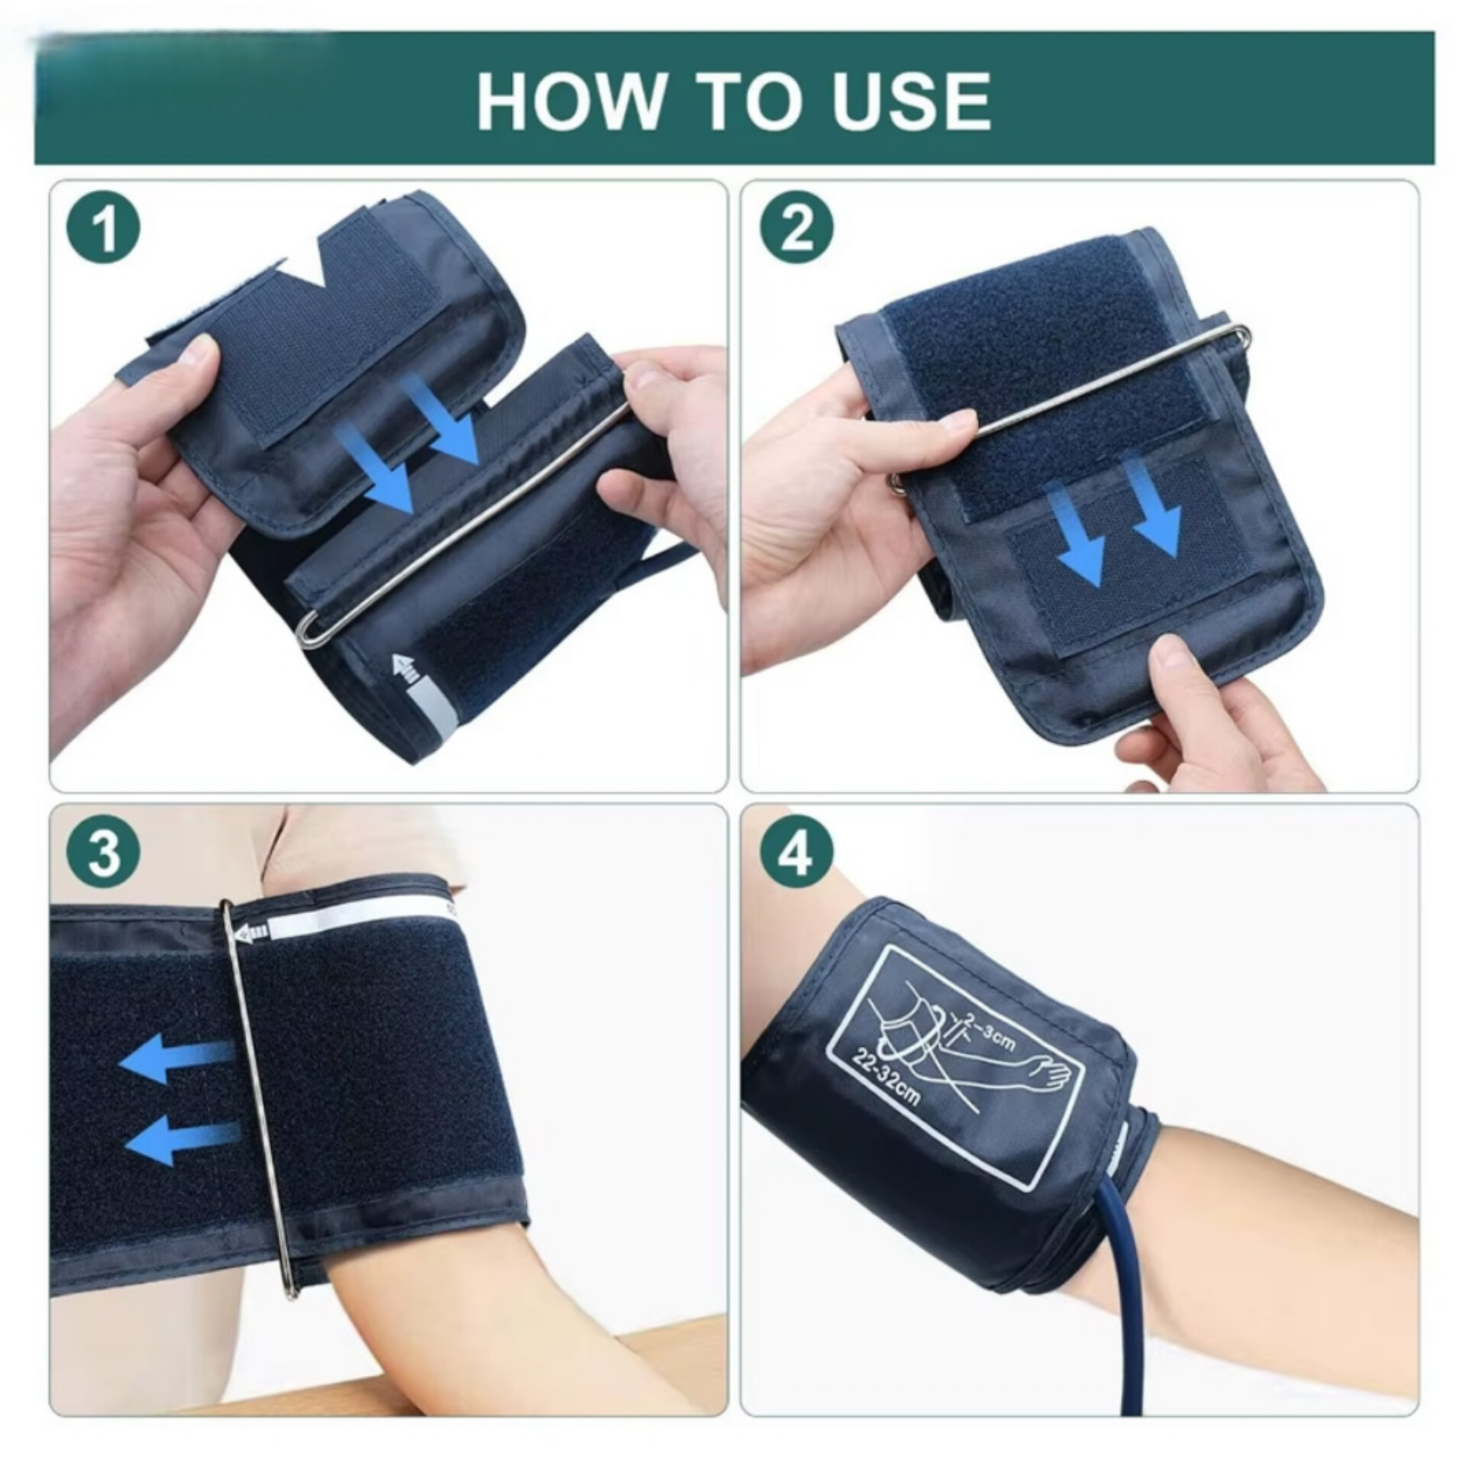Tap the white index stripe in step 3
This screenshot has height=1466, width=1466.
(x=359, y=922)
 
